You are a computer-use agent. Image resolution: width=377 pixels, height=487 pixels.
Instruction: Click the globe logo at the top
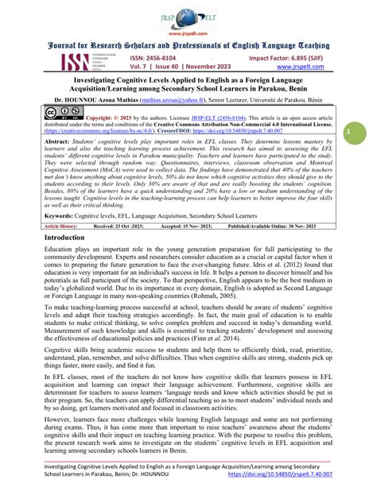[x=189, y=18]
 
